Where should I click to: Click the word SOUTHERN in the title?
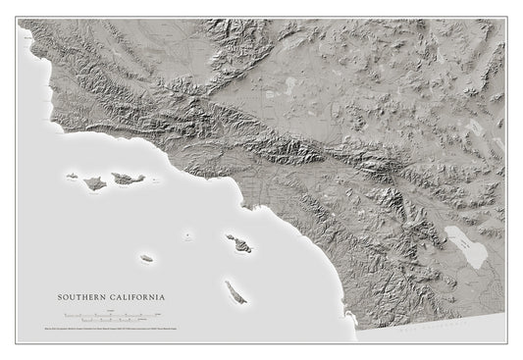pos(82,295)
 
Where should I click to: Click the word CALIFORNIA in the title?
pos(136,295)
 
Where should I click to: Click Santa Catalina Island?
pos(238,241)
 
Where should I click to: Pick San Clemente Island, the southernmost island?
pos(235,291)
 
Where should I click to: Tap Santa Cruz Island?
pos(128,179)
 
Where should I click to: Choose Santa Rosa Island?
pos(95,182)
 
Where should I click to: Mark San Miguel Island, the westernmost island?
pos(73,178)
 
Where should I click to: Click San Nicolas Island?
pos(146,258)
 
